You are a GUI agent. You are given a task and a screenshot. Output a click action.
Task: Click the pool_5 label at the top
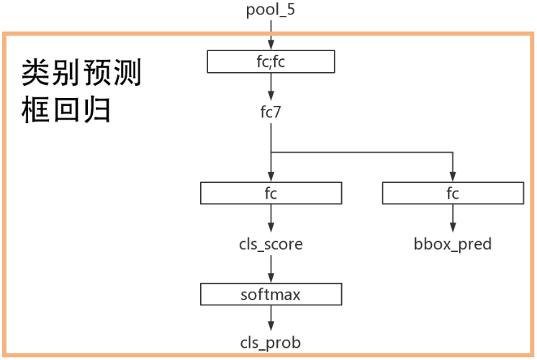(271, 10)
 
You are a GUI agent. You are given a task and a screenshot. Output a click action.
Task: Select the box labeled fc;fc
(271, 62)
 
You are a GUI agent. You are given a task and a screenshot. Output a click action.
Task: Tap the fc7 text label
(271, 112)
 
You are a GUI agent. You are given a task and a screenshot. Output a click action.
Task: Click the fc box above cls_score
(271, 193)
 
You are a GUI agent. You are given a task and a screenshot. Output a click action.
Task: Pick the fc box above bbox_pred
(452, 193)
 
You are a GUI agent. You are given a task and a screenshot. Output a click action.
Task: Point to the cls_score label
(271, 244)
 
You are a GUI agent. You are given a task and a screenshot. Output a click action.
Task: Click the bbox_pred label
(452, 244)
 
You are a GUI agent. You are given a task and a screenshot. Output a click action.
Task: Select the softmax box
(271, 294)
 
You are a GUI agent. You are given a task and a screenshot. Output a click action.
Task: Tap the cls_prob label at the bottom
(271, 343)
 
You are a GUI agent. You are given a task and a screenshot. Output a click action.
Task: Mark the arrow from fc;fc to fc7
(271, 86)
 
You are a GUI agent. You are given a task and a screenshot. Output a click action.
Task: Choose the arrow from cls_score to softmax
(271, 269)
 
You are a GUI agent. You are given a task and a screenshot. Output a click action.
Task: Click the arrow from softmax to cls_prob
(271, 318)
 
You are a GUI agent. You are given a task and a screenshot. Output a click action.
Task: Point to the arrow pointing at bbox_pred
(452, 217)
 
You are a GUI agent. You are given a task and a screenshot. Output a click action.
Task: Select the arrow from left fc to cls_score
(271, 217)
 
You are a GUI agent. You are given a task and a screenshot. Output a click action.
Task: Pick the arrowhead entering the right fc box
(452, 178)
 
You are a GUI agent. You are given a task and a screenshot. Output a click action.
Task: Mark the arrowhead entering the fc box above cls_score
(271, 178)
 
